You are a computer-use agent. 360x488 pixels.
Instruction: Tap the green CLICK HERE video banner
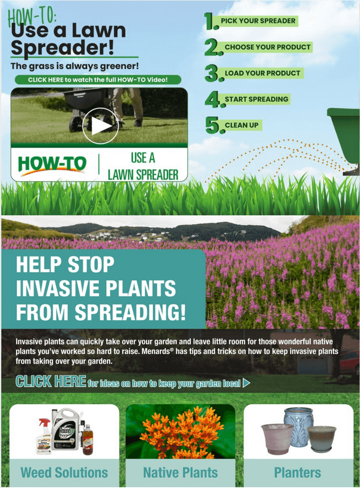(98, 80)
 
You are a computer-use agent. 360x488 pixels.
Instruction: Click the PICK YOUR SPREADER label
(258, 21)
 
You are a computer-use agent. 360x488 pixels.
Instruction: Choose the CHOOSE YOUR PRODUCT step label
(267, 47)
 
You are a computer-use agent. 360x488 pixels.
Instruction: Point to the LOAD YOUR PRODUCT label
(262, 73)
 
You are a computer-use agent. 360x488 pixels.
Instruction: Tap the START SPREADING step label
(257, 99)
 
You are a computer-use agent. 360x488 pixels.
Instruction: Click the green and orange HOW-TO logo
(52, 165)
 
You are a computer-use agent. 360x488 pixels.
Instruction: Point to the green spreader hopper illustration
(344, 134)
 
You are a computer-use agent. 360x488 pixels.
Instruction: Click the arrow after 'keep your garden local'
(247, 383)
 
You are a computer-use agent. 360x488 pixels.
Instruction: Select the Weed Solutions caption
(64, 473)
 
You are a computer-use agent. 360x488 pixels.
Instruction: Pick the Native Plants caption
(181, 473)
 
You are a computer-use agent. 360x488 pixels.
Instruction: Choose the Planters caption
(298, 473)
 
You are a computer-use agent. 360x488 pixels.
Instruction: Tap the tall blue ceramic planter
(298, 425)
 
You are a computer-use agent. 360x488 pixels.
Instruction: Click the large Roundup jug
(65, 429)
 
